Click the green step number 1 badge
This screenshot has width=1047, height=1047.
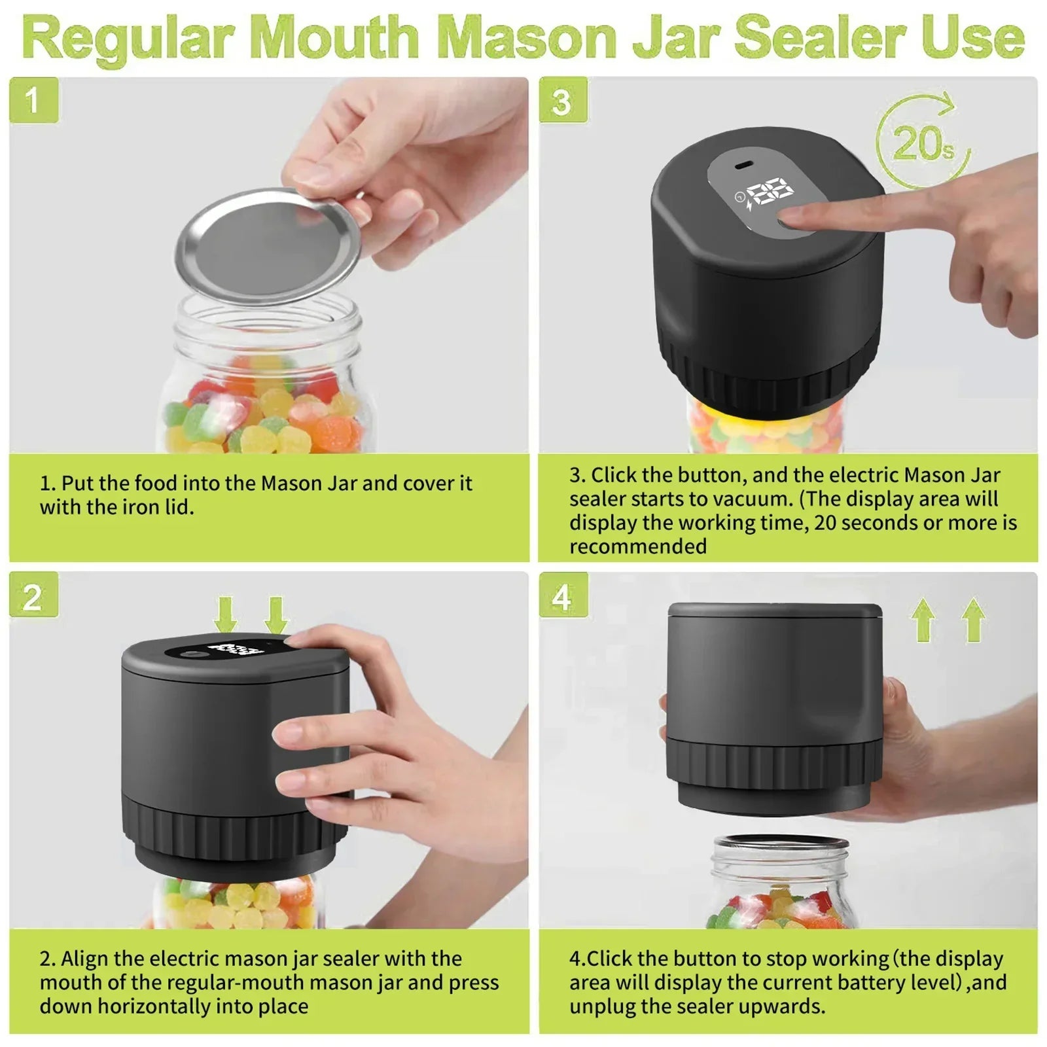(33, 100)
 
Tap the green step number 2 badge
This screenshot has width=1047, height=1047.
(33, 595)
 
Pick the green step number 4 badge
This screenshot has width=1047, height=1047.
(563, 595)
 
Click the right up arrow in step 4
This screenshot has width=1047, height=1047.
(973, 619)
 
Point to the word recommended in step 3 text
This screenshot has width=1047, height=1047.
(638, 546)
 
